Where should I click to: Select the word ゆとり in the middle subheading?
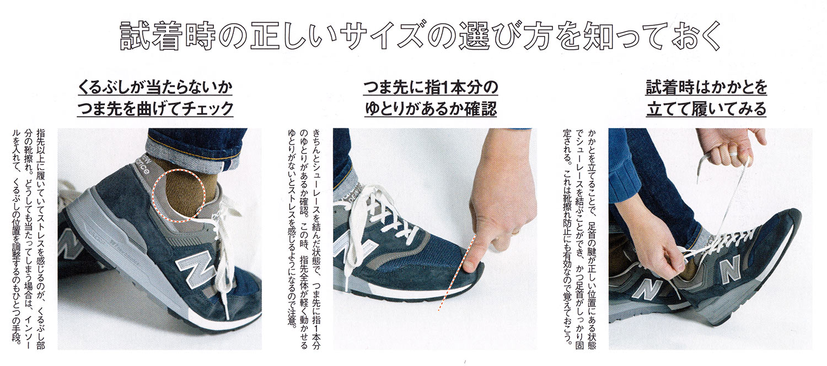tap(387, 109)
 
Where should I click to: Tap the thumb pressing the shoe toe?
tap(474, 255)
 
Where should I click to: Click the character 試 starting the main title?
tap(136, 36)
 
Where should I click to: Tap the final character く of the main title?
tap(711, 36)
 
